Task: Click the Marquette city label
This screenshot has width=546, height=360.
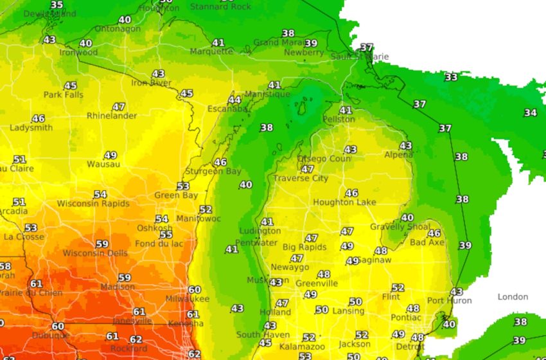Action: pyautogui.click(x=212, y=51)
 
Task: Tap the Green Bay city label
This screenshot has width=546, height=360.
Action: pyautogui.click(x=176, y=195)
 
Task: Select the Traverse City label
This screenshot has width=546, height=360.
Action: pyautogui.click(x=301, y=179)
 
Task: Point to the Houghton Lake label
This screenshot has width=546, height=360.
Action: pyautogui.click(x=344, y=203)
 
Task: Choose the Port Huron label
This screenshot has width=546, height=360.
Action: pyautogui.click(x=449, y=301)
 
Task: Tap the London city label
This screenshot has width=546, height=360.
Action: pyautogui.click(x=513, y=297)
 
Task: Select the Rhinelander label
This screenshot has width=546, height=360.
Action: pyautogui.click(x=112, y=116)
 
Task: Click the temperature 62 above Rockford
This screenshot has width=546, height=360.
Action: pyautogui.click(x=136, y=339)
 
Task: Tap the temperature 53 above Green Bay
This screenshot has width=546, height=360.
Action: pyautogui.click(x=183, y=186)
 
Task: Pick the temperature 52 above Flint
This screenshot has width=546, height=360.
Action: pyautogui.click(x=398, y=288)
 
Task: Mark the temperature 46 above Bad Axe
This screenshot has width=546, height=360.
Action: pyautogui.click(x=434, y=233)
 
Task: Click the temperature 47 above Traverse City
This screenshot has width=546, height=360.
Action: pyautogui.click(x=308, y=170)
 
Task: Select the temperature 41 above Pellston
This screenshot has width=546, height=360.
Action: pyautogui.click(x=346, y=111)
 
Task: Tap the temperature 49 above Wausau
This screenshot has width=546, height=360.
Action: pyautogui.click(x=110, y=156)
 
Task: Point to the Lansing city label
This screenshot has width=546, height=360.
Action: pyautogui.click(x=348, y=311)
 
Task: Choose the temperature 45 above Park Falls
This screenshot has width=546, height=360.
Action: pyautogui.click(x=70, y=86)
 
